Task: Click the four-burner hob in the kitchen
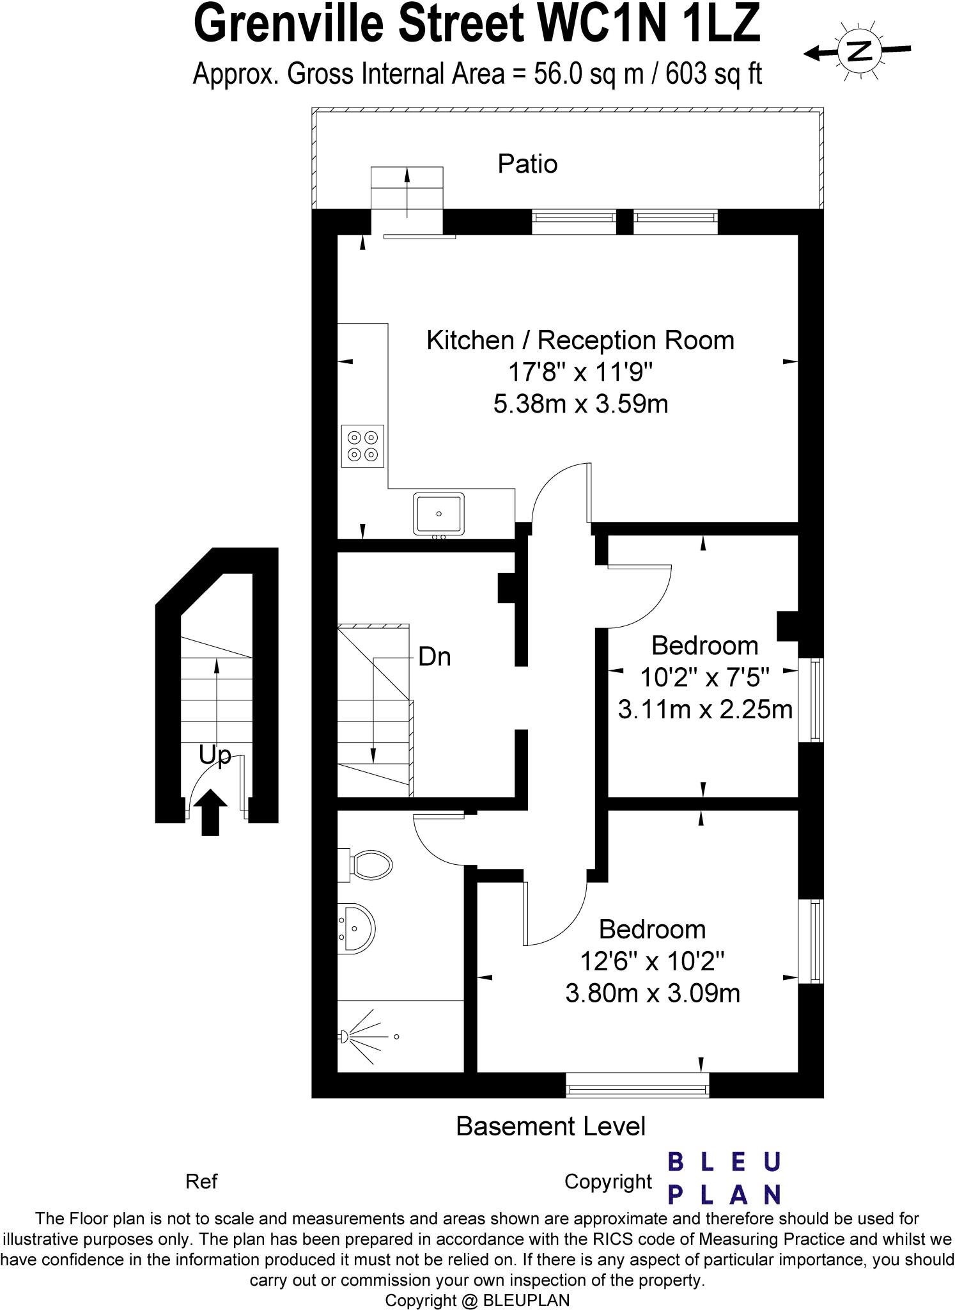pyautogui.click(x=362, y=446)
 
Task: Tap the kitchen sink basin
pyautogui.click(x=439, y=514)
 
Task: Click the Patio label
pyautogui.click(x=527, y=164)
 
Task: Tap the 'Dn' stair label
pyautogui.click(x=434, y=657)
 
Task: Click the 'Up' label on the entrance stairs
pyautogui.click(x=214, y=755)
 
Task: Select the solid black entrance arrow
pyautogui.click(x=214, y=812)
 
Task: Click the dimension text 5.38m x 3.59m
pyautogui.click(x=580, y=404)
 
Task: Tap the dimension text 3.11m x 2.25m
pyautogui.click(x=704, y=709)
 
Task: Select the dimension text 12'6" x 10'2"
pyautogui.click(x=652, y=961)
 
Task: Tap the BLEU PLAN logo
pyautogui.click(x=724, y=1178)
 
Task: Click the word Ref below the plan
pyautogui.click(x=201, y=1181)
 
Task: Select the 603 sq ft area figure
pyautogui.click(x=713, y=75)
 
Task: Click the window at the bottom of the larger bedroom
pyautogui.click(x=637, y=1085)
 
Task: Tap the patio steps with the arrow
pyautogui.click(x=407, y=190)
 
